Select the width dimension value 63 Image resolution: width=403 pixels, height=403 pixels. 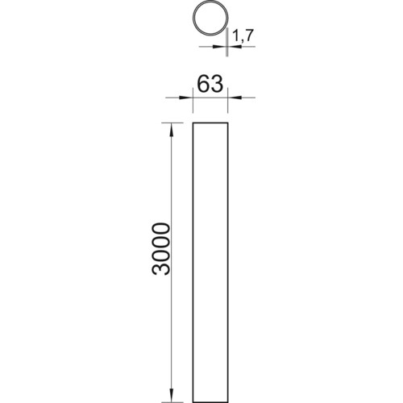[x=210, y=84]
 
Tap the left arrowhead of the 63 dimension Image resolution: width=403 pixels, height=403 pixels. [x=189, y=98]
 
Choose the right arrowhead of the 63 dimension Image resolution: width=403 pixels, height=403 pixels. [x=232, y=98]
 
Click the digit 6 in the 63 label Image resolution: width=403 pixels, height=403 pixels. [x=201, y=84]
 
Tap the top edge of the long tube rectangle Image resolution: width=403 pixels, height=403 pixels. [x=210, y=123]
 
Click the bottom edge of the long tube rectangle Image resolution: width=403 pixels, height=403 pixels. [x=210, y=378]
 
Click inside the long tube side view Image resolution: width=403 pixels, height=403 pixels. [x=210, y=250]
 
